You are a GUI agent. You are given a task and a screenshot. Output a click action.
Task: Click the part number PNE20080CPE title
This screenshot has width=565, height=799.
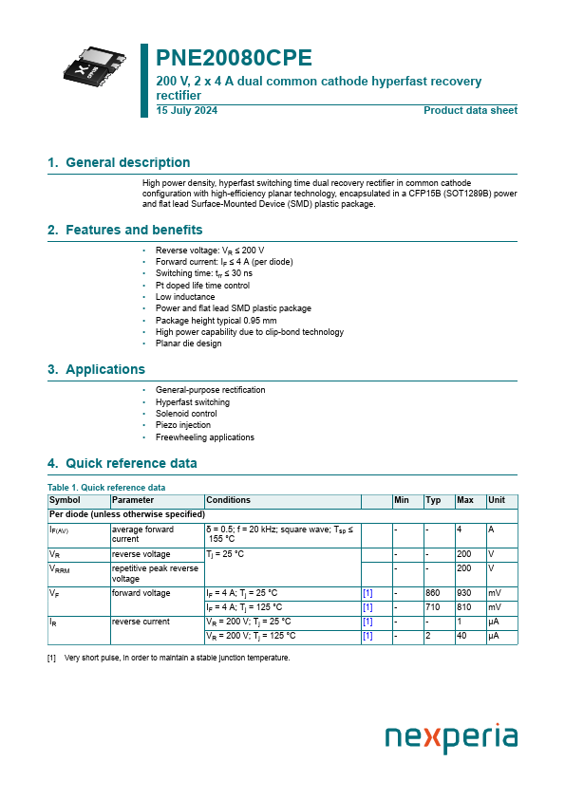coord(234,58)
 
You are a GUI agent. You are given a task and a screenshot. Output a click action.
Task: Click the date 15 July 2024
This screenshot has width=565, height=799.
coord(186,111)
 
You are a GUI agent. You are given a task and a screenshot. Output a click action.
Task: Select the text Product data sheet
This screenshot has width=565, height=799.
coord(470,111)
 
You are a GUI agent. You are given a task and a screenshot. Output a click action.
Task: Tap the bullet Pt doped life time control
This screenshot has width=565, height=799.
coord(202,285)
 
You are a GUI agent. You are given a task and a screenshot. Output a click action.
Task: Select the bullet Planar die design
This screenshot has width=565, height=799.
coord(188,344)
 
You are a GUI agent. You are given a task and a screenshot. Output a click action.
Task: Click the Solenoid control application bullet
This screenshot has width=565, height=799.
coord(186,414)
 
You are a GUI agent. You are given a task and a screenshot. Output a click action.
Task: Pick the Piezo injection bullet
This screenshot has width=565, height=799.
coord(183,425)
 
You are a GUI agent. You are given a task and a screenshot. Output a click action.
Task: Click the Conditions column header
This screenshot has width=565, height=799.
coord(228,500)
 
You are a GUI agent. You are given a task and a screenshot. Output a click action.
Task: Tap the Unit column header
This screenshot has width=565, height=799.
coord(497,500)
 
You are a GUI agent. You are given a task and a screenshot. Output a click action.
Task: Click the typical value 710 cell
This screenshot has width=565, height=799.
coord(433,606)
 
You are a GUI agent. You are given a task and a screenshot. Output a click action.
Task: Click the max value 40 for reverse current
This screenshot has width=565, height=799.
coord(461,636)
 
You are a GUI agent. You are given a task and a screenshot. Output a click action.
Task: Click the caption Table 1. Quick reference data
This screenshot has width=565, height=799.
coord(106,488)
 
